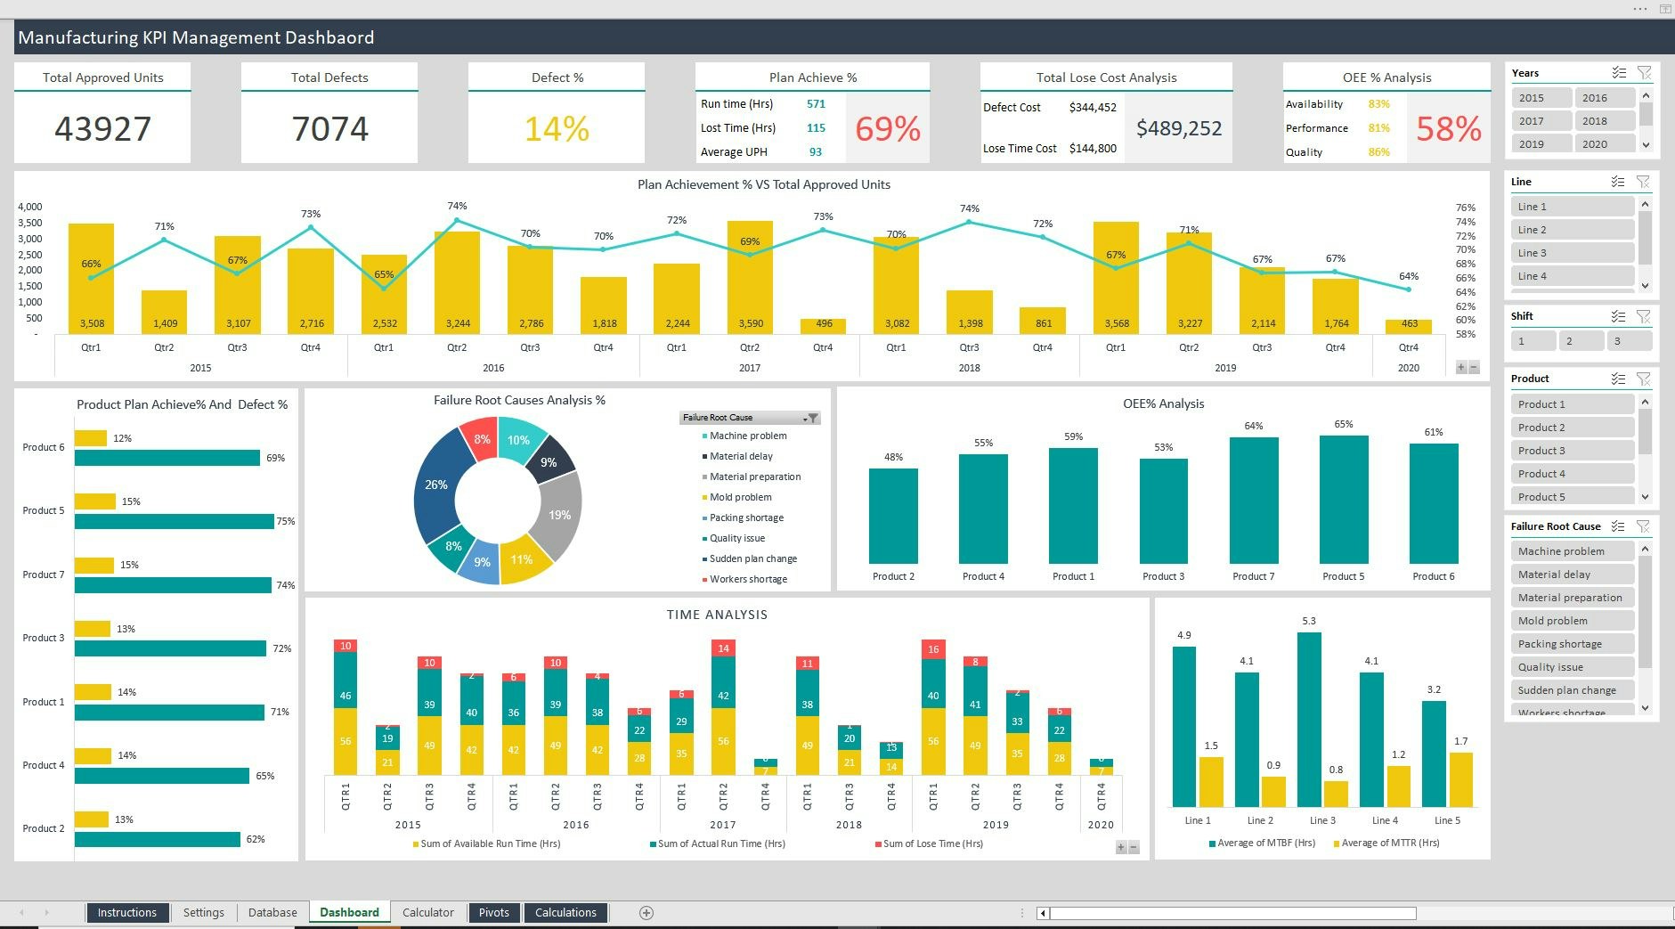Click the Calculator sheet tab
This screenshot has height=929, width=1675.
(427, 912)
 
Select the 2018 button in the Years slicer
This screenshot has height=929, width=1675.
(1604, 121)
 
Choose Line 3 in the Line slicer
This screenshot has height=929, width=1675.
(1571, 253)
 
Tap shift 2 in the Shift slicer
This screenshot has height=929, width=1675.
(1580, 340)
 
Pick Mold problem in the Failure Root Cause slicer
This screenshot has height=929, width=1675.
(1571, 621)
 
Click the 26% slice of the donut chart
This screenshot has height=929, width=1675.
(435, 485)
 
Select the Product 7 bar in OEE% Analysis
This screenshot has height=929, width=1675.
(1253, 501)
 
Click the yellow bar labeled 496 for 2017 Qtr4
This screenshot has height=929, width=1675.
(823, 325)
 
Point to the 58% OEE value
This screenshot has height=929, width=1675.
(1448, 129)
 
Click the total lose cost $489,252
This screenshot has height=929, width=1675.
(1178, 129)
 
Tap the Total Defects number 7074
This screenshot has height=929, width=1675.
(329, 129)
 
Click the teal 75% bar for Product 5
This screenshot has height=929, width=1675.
(174, 522)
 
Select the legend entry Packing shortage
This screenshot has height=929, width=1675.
(746, 517)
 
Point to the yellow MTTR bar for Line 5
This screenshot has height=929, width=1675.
(1460, 779)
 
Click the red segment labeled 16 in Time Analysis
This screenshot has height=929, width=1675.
(932, 649)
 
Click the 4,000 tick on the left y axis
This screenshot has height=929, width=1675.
(30, 207)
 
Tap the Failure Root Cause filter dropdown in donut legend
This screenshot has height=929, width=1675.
(811, 418)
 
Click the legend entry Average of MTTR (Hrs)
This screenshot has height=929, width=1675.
(1389, 843)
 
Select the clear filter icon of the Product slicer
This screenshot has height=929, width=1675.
(1643, 379)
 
